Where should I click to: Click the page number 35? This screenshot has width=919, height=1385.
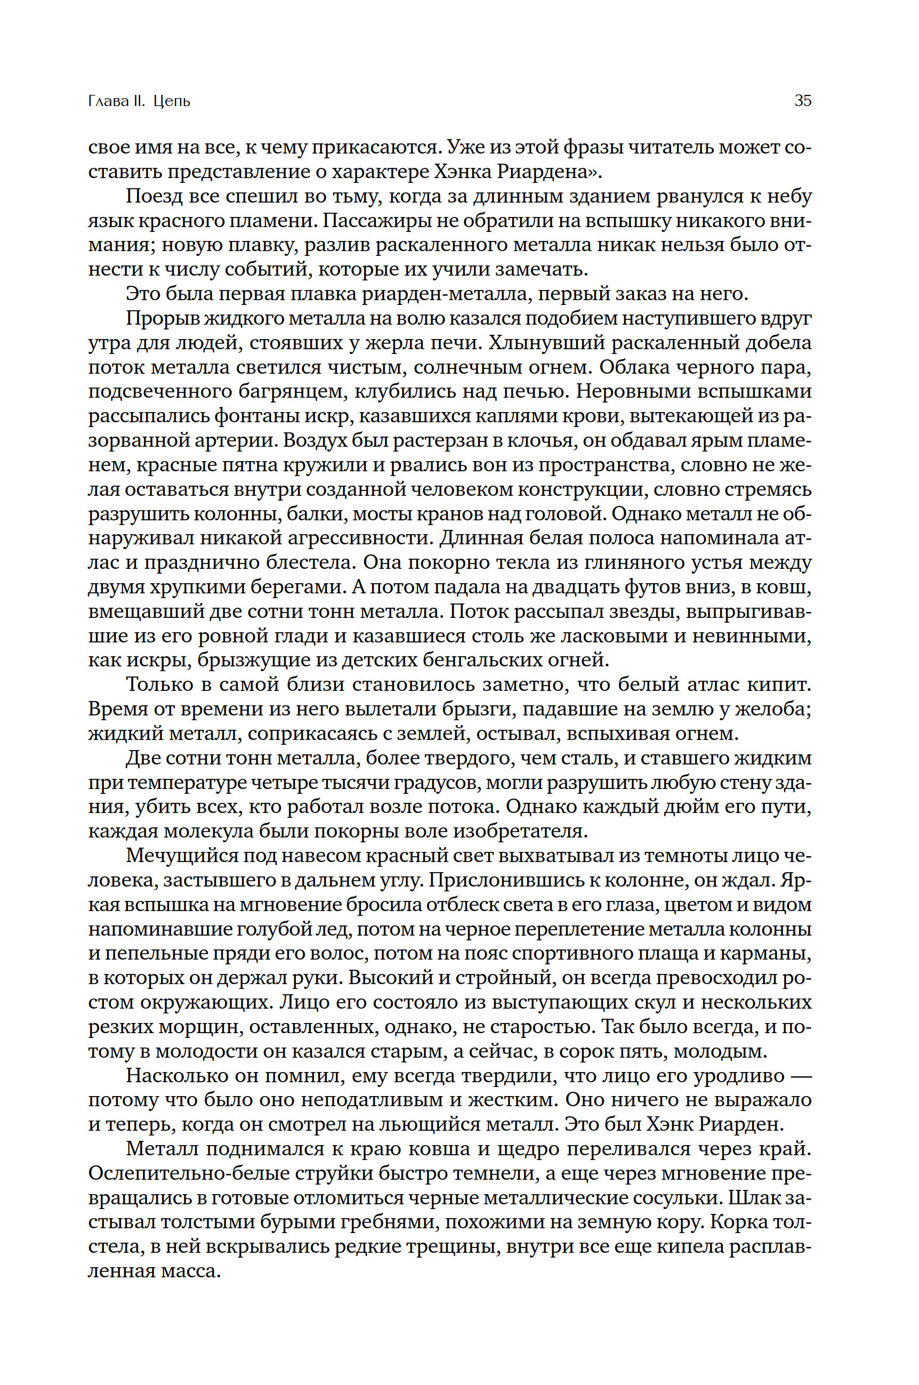click(x=802, y=101)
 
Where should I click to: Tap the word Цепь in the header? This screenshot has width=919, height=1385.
click(x=172, y=101)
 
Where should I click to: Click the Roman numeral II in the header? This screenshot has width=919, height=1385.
click(x=138, y=101)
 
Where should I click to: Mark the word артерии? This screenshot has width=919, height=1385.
click(x=224, y=440)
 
